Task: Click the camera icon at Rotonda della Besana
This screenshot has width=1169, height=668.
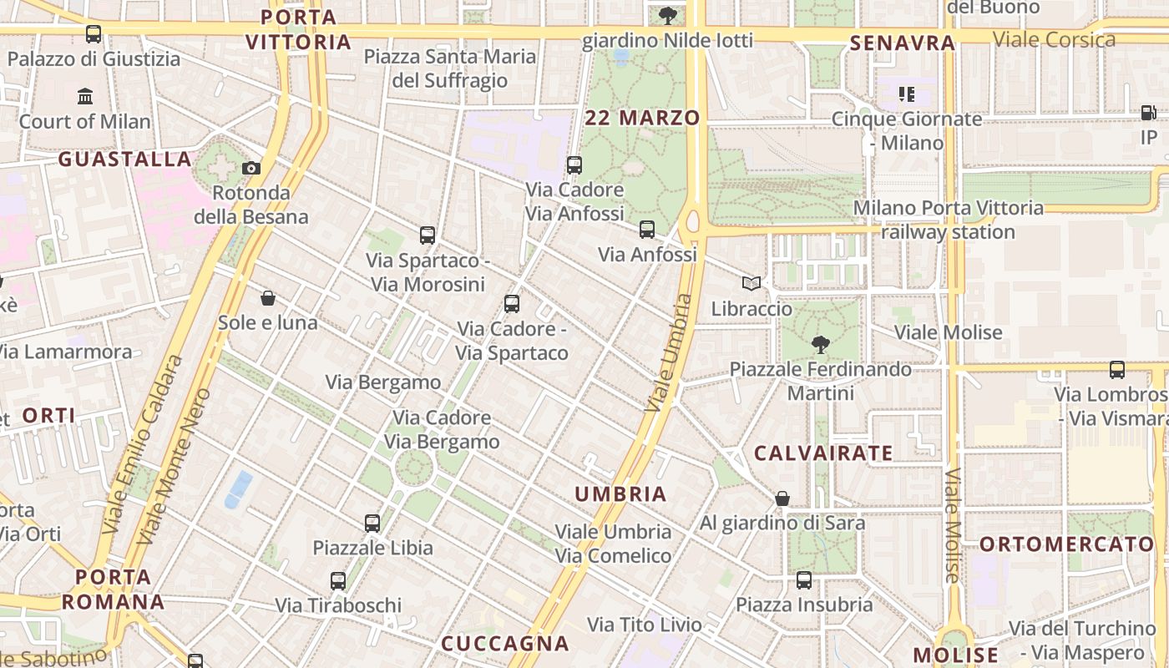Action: click(251, 168)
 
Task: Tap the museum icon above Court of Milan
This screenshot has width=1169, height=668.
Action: click(85, 97)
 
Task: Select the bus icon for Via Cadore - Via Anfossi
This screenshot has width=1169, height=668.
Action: click(574, 164)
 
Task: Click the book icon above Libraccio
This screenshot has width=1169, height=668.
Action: click(751, 284)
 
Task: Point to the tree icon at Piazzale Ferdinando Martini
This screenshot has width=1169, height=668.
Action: click(821, 344)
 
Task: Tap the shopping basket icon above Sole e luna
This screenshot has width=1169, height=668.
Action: click(268, 298)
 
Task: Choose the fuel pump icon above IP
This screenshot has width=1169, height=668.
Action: click(1149, 113)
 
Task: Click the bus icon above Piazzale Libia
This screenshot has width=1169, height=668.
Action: click(372, 524)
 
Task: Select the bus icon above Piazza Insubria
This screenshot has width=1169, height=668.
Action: click(804, 579)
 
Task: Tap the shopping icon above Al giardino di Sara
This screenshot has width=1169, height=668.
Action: click(782, 498)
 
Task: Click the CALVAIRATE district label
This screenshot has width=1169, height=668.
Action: click(823, 453)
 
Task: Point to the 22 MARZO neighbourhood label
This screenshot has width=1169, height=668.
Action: click(642, 118)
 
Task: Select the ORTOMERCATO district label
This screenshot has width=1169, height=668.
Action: click(1066, 544)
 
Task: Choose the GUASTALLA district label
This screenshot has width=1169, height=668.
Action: click(125, 159)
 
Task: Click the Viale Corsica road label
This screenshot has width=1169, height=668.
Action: click(1054, 39)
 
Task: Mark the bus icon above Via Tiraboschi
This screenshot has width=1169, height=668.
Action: click(338, 580)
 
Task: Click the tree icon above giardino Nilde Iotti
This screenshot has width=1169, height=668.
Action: click(667, 15)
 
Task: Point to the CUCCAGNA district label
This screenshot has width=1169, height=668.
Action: click(504, 644)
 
